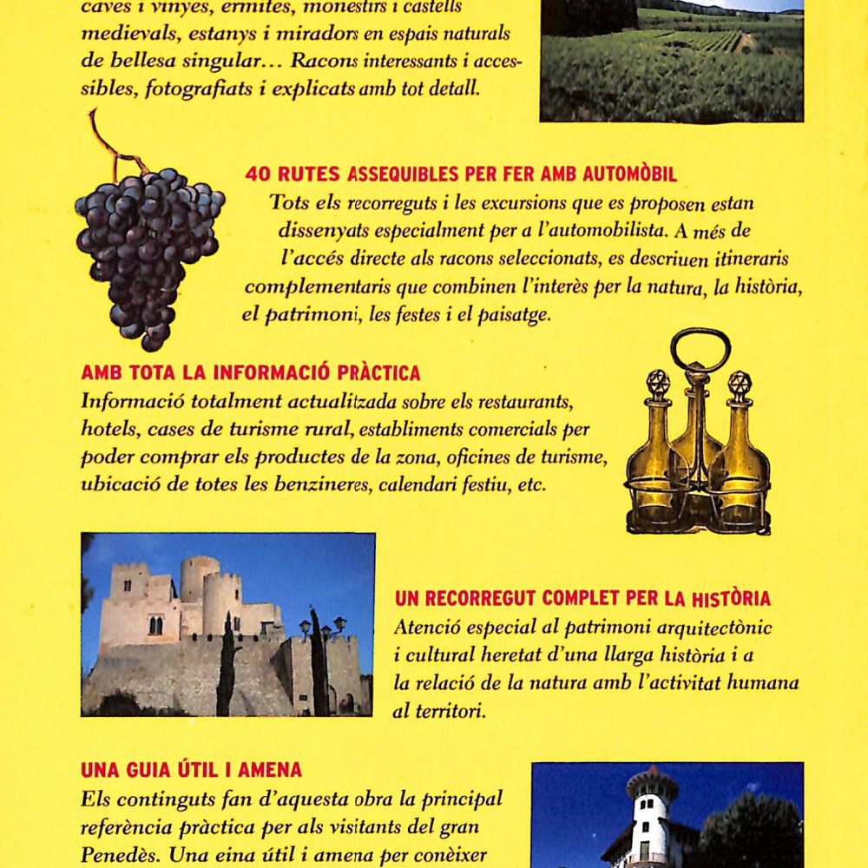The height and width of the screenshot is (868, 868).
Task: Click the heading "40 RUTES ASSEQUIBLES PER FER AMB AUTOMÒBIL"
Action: point(461,174)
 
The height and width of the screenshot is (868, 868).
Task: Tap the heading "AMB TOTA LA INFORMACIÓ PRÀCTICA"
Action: point(251,373)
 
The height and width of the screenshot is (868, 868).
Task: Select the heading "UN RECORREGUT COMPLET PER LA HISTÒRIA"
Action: point(582,598)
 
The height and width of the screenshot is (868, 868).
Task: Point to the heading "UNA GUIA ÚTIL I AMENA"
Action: point(191,769)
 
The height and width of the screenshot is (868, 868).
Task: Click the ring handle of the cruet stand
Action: point(700,347)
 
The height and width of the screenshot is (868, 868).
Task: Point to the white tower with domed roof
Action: point(651,816)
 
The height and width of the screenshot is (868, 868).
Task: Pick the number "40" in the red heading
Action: point(258,174)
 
